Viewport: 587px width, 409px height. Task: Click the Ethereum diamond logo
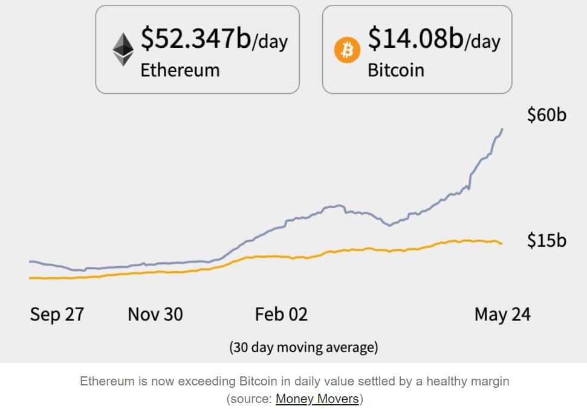coord(123,49)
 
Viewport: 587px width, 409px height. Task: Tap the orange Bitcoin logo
coord(347,51)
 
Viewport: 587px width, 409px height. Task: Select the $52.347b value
coord(196,38)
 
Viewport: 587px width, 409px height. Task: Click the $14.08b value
coord(415,38)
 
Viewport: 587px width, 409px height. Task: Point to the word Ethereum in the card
coord(180,70)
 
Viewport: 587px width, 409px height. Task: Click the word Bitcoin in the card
coord(396,70)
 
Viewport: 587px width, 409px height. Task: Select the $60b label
coord(546,115)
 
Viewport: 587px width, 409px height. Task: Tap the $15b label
coord(546,240)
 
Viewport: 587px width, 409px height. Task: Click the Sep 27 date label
coord(57,315)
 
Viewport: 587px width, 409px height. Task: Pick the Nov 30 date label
coord(155,315)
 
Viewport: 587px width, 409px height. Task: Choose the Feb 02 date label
coord(281,315)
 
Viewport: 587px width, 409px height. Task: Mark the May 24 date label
coord(502,315)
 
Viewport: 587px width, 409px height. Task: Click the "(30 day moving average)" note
coord(303,347)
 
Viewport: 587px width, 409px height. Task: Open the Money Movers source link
coord(317,399)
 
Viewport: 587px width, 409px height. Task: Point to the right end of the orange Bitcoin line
coord(501,243)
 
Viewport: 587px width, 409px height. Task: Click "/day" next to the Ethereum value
coord(270,42)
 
